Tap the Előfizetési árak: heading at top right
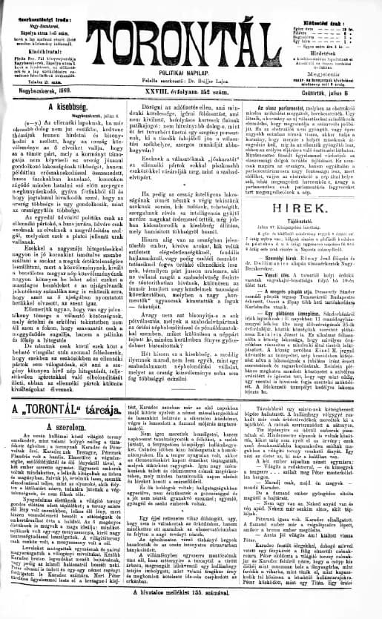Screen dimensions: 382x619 327,6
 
